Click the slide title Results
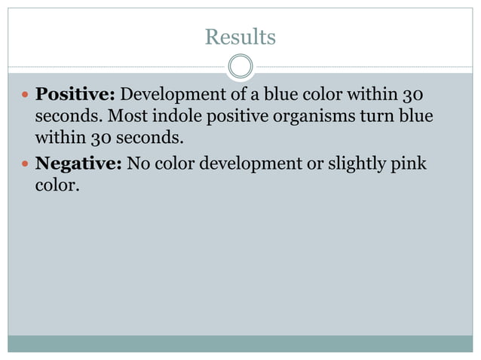click(240, 36)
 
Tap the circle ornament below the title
click(240, 67)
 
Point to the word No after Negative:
click(139, 162)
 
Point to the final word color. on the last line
click(57, 185)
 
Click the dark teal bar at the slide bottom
click(240, 344)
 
